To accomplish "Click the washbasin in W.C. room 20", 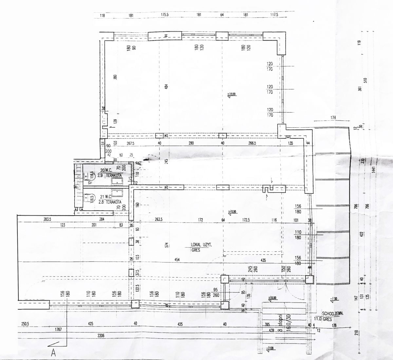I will tap(117, 181).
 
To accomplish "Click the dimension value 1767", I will tap(59, 330).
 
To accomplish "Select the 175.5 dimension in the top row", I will tap(165, 15).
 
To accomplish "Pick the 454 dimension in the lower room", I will tap(178, 260).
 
